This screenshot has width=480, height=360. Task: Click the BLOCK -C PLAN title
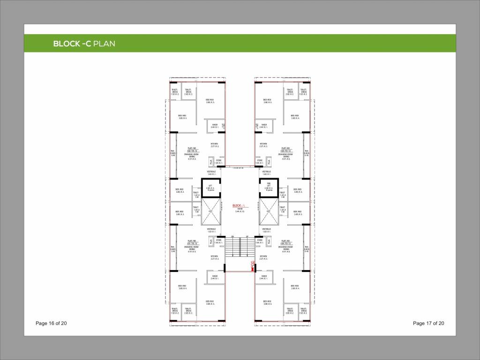[84, 44]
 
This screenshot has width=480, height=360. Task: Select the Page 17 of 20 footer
[428, 323]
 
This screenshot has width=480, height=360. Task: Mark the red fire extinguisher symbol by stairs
[253, 268]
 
